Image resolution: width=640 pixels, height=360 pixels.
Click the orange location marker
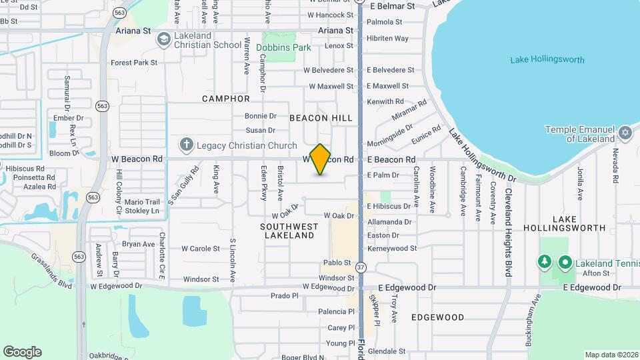pyautogui.click(x=320, y=159)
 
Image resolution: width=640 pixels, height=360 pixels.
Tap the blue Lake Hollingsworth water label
pyautogui.click(x=547, y=60)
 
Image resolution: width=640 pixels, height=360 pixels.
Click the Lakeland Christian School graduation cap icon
pyautogui.click(x=163, y=40)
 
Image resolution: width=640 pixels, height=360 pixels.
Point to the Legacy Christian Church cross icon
pyautogui.click(x=186, y=145)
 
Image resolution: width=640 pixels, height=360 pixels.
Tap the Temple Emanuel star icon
pyautogui.click(x=625, y=133)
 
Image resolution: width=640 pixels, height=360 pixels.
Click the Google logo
pyautogui.click(x=22, y=352)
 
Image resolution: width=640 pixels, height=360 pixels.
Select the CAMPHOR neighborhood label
pyautogui.click(x=226, y=99)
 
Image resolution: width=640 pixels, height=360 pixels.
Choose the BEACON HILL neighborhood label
pyautogui.click(x=321, y=118)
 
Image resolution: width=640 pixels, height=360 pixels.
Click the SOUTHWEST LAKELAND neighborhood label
pyautogui.click(x=289, y=231)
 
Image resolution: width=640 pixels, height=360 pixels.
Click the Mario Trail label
pyautogui.click(x=142, y=202)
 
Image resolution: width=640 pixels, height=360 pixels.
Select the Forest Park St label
pyautogui.click(x=134, y=63)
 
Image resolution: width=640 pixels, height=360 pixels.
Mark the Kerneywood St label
pyautogui.click(x=392, y=249)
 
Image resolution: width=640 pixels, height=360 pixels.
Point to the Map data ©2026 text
pyautogui.click(x=611, y=355)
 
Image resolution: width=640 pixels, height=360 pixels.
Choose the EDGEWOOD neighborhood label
pyautogui.click(x=437, y=317)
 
